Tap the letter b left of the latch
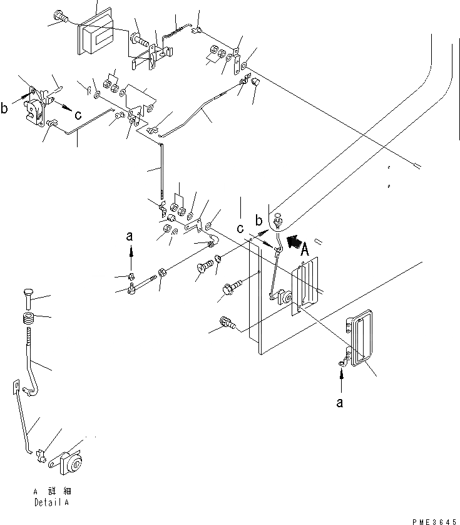click(x=5, y=108)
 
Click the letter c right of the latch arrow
click(x=78, y=115)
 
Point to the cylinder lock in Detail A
click(x=71, y=465)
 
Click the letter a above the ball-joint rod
click(x=130, y=237)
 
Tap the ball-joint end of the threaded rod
click(x=133, y=288)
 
